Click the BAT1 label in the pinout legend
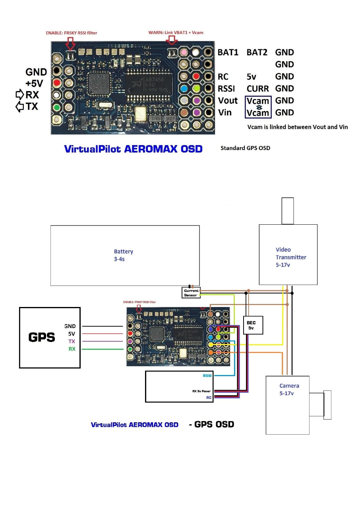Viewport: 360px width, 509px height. point(228,52)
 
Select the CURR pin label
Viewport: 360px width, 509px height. point(257,88)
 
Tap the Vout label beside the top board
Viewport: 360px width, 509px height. point(228,101)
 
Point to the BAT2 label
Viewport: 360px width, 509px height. point(257,52)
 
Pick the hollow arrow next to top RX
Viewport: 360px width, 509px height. point(19,95)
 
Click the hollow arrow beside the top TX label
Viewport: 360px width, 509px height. point(19,107)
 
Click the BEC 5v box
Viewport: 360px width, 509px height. point(251,325)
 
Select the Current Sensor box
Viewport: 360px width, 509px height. point(191,293)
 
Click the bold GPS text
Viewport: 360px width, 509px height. point(42,337)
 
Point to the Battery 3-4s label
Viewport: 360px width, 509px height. point(124,255)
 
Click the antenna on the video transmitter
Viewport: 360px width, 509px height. point(287,211)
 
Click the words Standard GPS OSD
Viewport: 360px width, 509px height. point(245,148)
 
